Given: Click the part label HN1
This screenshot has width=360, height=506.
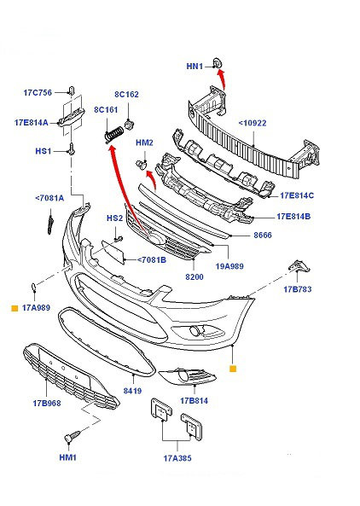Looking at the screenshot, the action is pos(195,67).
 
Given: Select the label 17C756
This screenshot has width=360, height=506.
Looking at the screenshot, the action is pos(38,93).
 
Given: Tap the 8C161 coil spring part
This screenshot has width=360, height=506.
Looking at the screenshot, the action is pos(114,134).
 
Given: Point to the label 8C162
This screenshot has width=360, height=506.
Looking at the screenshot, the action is pos(126,94).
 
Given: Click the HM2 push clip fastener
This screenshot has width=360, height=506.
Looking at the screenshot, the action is pos(141,165).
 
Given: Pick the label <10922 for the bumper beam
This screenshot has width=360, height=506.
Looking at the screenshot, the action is pos(253,123).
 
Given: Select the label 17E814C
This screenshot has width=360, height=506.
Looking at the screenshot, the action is pos(297,195).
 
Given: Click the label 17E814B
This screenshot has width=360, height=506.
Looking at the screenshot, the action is pos(293,216).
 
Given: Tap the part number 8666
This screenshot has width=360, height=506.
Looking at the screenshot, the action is pos(263,236).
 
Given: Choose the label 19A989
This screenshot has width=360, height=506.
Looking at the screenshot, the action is pos(229,266).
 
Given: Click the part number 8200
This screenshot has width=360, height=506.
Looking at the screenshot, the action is pos(195,276).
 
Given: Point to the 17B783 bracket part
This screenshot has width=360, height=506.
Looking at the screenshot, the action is pos(299,267).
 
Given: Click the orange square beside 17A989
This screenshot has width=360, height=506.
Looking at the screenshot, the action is pos(15,308).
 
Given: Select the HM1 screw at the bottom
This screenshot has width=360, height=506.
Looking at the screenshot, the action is pos(73,436).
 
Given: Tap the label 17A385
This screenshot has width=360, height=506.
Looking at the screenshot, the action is pos(177,458).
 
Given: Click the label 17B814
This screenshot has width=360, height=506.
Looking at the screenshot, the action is pos(194,401).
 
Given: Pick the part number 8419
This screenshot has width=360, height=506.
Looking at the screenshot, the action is pos(132,391).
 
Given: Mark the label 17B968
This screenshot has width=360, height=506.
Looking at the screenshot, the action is pos(47,403).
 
